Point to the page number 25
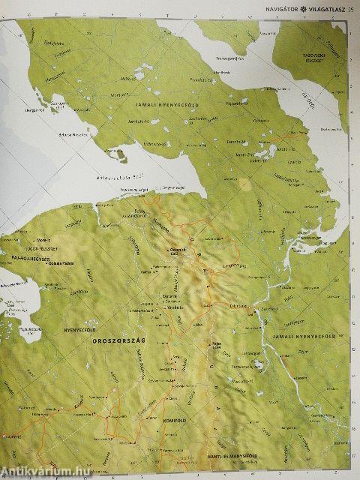coord(351,8)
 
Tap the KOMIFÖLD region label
coord(178,422)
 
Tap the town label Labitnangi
coord(238,304)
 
